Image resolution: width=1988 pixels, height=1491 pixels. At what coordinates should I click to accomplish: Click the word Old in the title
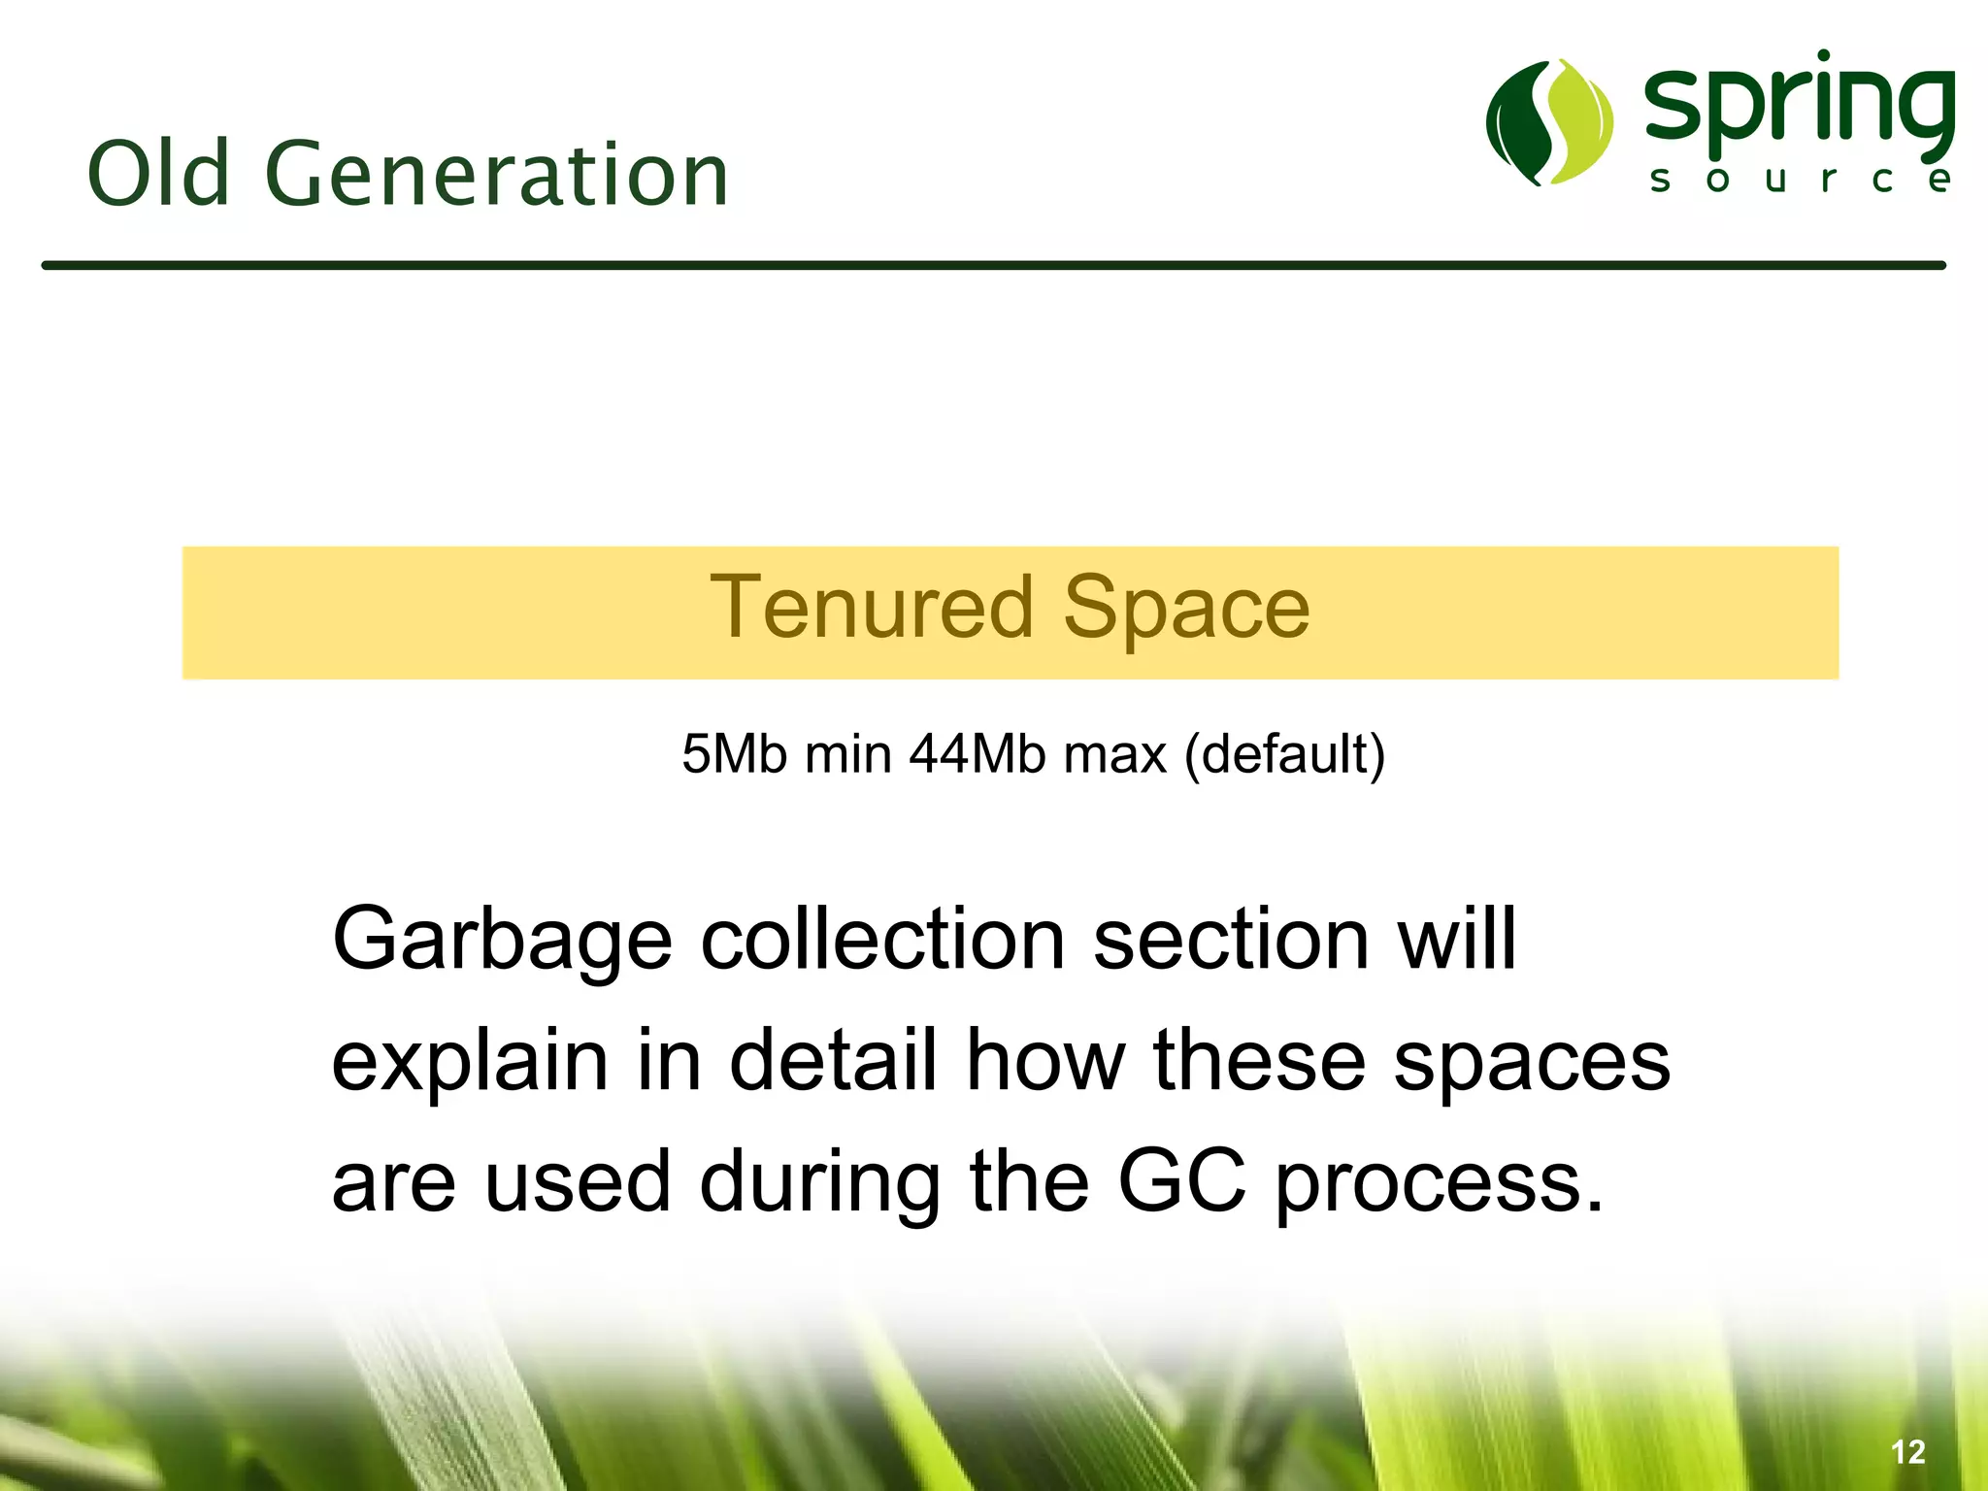(x=158, y=174)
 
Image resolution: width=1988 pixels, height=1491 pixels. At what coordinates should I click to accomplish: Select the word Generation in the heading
(x=496, y=176)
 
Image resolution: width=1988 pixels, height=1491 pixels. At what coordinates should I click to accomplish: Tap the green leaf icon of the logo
(x=1549, y=122)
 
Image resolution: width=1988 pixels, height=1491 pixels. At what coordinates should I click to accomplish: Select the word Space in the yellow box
(x=1186, y=609)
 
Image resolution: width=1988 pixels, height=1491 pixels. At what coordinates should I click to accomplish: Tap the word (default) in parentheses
(x=1284, y=754)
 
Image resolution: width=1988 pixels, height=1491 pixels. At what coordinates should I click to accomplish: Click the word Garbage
(x=502, y=940)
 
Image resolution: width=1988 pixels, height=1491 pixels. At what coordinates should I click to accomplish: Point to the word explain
(x=470, y=1062)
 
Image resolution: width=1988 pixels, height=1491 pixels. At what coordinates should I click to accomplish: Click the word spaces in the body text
(x=1532, y=1062)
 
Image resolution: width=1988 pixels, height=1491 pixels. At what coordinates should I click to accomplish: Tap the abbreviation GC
(x=1181, y=1181)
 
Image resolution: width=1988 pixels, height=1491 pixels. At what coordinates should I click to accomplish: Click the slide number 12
(x=1907, y=1452)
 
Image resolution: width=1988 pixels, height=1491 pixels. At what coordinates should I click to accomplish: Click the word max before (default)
(x=1114, y=754)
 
